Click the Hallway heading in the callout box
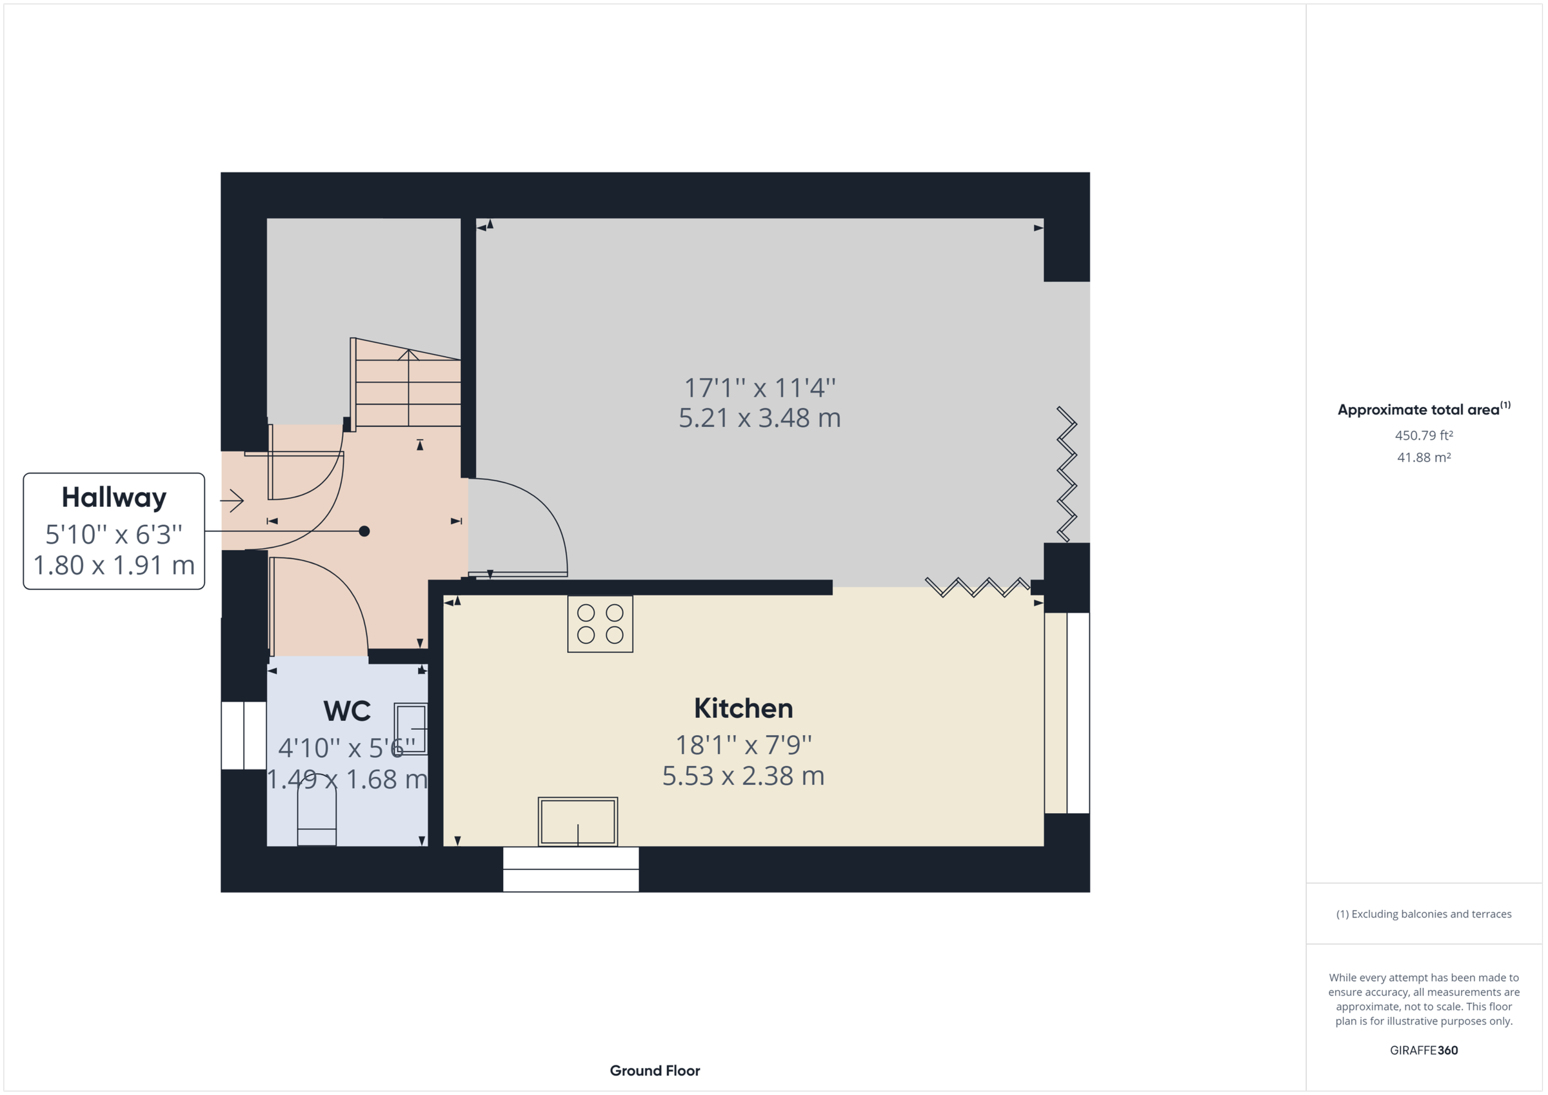point(114,498)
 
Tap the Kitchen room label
point(743,709)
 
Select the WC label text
point(346,711)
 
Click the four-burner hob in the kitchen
point(600,624)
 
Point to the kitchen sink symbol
point(578,822)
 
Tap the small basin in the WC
point(411,729)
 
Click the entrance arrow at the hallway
point(232,500)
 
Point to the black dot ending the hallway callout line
point(364,531)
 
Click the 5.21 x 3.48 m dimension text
point(759,418)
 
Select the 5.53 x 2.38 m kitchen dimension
point(743,776)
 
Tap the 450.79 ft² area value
point(1424,435)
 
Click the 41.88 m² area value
point(1424,458)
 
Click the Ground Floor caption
point(655,1070)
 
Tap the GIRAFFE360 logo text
point(1424,1051)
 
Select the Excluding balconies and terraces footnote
point(1424,914)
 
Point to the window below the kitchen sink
point(570,870)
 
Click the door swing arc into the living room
point(539,513)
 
